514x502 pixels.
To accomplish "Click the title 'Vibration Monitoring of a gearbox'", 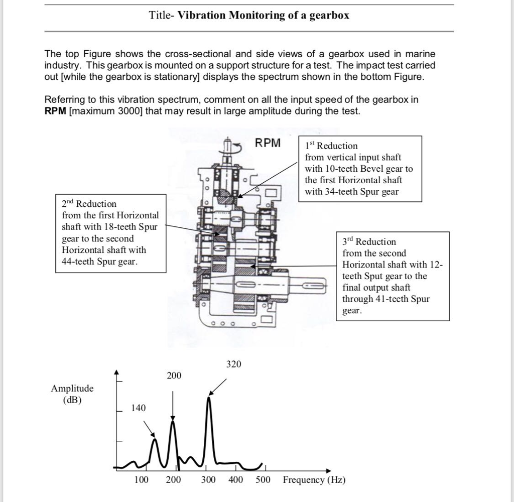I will [264, 15].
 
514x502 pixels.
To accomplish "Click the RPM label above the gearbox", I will [268, 143].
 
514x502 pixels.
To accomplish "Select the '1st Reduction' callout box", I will [360, 169].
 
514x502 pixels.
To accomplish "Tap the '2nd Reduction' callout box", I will [110, 233].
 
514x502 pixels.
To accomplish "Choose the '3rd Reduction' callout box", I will [393, 276].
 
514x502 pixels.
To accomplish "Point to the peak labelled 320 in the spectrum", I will [209, 399].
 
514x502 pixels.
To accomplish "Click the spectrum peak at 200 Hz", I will [173, 422].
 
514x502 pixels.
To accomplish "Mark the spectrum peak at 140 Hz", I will [155, 440].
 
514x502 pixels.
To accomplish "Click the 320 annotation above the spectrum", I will [233, 364].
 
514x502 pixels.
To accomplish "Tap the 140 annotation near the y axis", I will [139, 408].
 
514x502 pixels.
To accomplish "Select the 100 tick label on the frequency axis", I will [141, 480].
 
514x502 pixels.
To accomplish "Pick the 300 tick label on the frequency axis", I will [208, 480].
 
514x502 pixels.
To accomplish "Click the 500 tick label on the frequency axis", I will [263, 480].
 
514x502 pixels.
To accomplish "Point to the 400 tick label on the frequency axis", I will [235, 480].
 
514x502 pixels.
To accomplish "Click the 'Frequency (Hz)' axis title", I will [314, 480].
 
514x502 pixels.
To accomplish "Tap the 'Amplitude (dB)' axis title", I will [72, 394].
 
